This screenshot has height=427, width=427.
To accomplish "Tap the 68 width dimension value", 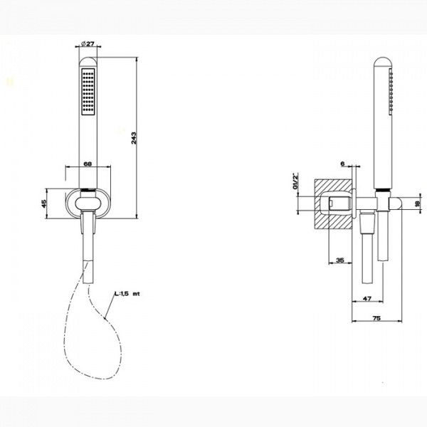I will [x=88, y=164].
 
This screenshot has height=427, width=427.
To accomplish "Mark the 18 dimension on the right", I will [x=417, y=204].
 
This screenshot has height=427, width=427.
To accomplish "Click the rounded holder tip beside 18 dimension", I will [x=401, y=204].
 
